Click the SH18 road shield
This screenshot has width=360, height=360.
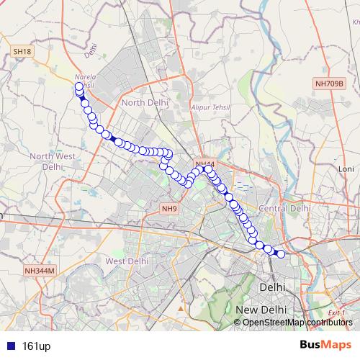22,52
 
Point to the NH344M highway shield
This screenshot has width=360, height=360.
39,271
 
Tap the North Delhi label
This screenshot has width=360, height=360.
145,103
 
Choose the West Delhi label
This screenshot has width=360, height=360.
127,261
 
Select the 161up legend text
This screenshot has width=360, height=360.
36,346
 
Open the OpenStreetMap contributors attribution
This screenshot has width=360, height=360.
297,322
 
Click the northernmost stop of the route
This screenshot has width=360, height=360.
78,86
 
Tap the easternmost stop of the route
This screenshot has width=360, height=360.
282,254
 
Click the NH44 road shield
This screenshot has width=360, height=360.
204,165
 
